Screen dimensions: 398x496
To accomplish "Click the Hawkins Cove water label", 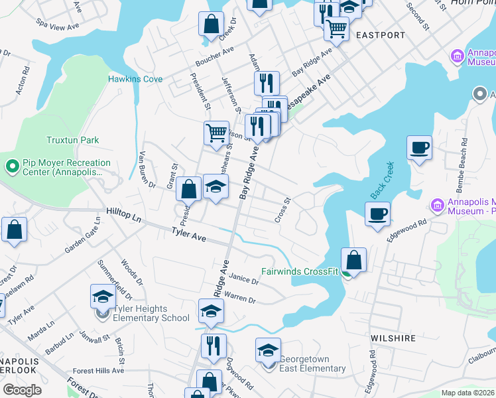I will [x=135, y=79].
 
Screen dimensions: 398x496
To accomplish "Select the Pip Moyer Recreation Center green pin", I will [x=11, y=166].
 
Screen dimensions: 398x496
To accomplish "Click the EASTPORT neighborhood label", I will [x=380, y=34].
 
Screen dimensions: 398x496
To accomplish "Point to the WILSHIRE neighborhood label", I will [x=393, y=338].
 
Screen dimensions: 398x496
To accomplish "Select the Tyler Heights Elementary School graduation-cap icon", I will [x=103, y=297].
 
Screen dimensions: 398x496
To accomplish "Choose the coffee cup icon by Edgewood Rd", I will [x=377, y=214].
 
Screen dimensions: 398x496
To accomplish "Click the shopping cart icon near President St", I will [x=216, y=133].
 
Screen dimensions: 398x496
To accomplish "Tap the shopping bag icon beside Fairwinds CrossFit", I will [x=354, y=260].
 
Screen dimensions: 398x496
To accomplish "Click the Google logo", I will [x=23, y=390].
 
